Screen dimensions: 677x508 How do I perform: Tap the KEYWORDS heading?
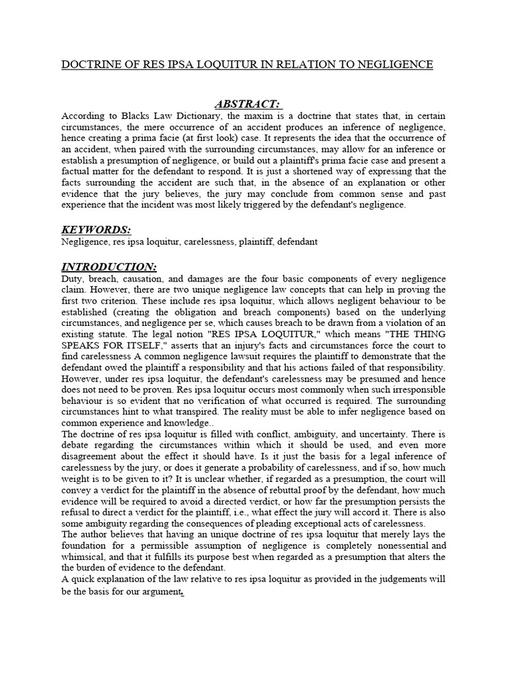click(x=96, y=229)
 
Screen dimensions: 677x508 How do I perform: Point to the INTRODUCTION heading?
click(x=109, y=266)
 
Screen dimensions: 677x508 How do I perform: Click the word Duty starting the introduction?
click(x=72, y=279)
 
